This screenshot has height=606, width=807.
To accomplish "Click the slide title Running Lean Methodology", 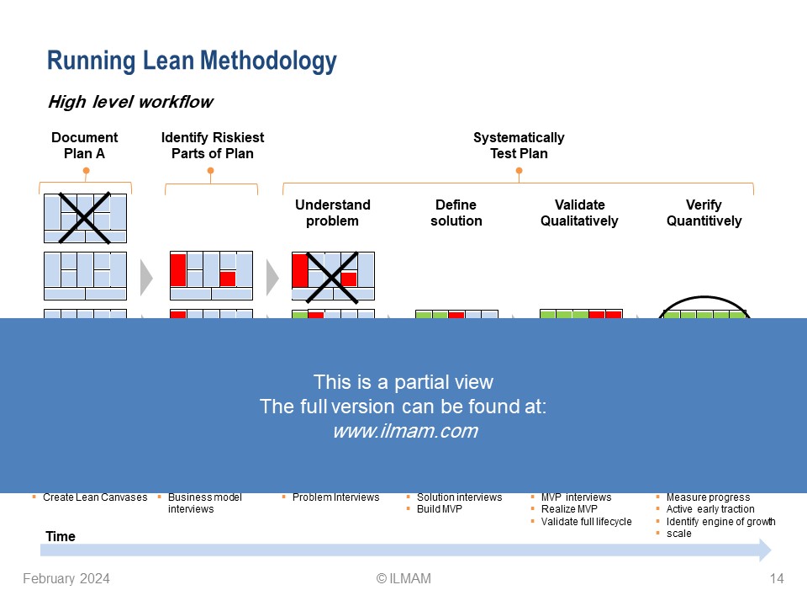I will tap(192, 61).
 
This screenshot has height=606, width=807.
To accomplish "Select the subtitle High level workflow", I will tap(130, 103).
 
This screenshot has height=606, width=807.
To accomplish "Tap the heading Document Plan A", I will tap(85, 146).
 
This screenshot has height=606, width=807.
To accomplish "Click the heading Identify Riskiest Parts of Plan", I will tap(212, 146).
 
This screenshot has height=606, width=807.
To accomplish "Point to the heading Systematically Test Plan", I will tap(519, 146).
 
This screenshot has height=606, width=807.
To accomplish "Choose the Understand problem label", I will tap(332, 213).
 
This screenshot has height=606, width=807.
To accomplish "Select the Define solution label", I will tap(456, 213).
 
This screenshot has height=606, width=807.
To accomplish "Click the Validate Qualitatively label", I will tap(579, 213).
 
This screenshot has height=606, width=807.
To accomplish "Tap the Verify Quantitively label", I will tap(704, 213).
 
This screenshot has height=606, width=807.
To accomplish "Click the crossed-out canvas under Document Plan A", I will tap(85, 218).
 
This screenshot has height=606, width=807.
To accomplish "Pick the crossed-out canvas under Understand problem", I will tap(333, 276).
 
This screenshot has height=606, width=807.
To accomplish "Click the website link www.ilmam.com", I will tap(404, 432).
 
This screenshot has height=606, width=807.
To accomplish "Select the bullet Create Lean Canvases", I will tap(95, 497).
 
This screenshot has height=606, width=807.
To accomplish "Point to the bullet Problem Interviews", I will tap(335, 497).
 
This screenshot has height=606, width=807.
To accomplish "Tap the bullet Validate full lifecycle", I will tap(586, 522).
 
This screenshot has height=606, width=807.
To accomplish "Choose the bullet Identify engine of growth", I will tap(720, 522).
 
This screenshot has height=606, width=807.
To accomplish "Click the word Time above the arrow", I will tap(60, 536).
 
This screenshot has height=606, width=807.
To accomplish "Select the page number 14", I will tap(776, 579).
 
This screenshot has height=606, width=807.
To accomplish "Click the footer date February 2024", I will tap(66, 579).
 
